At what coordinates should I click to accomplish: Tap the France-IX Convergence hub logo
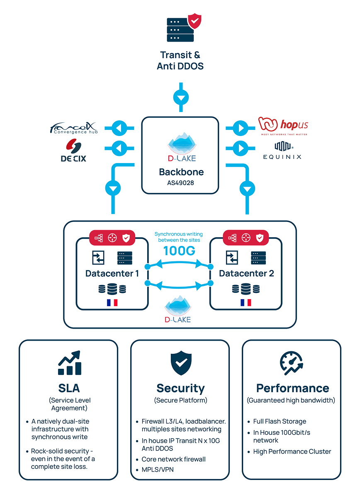(x=73, y=128)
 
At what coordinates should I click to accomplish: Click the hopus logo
(x=283, y=126)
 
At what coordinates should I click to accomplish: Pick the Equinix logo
(x=282, y=151)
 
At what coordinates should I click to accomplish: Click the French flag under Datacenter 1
(x=112, y=302)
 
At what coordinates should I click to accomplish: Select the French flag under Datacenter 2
(x=246, y=302)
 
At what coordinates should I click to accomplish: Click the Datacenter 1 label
(x=112, y=273)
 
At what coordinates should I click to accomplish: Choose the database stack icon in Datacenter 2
(x=246, y=289)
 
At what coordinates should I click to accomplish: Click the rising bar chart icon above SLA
(x=69, y=363)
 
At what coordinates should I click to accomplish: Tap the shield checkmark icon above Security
(x=180, y=364)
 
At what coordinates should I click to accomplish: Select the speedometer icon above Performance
(x=292, y=363)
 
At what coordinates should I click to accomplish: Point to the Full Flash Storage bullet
(x=280, y=421)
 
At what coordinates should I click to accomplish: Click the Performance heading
(x=292, y=388)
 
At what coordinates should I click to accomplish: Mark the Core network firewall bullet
(x=173, y=459)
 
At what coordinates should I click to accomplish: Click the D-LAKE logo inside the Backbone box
(x=180, y=147)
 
